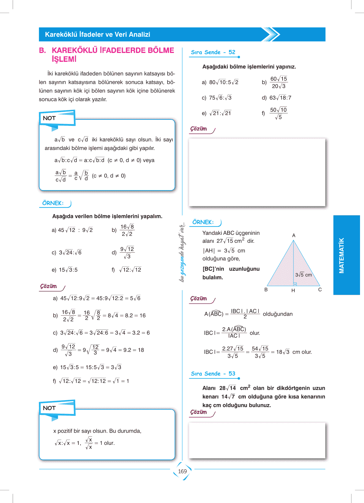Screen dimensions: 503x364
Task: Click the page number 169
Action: pyautogui.click(x=182, y=471)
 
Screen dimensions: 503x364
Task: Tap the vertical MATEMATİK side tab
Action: pyautogui.click(x=342, y=255)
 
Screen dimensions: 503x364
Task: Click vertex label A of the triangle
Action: pyautogui.click(x=294, y=235)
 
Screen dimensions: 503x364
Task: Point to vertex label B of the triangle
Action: pyautogui.click(x=266, y=290)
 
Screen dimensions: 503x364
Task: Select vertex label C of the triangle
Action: pyautogui.click(x=320, y=290)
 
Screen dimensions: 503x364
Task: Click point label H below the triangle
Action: pyautogui.click(x=293, y=291)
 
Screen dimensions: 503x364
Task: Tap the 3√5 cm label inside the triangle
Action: pyautogui.click(x=303, y=275)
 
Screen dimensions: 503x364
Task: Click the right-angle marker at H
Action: pyautogui.click(x=295, y=284)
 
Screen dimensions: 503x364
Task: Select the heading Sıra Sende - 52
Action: pyautogui.click(x=213, y=52)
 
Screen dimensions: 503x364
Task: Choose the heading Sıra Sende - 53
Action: pyautogui.click(x=213, y=374)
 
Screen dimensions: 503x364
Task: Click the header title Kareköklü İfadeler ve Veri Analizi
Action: pyautogui.click(x=98, y=35)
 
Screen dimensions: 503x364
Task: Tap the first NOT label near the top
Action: pyautogui.click(x=49, y=118)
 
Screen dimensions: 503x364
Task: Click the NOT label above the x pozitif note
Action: pyautogui.click(x=49, y=408)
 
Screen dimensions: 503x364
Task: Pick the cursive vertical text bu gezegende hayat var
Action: pyautogui.click(x=182, y=252)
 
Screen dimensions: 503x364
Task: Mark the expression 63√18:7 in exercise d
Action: pyautogui.click(x=280, y=98)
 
